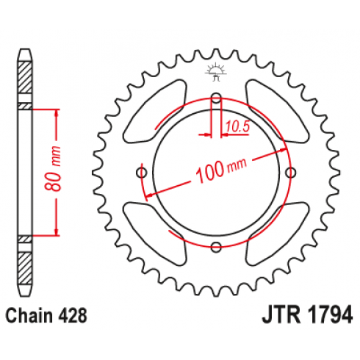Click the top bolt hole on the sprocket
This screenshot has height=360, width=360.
216,98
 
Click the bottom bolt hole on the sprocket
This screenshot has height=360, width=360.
216,247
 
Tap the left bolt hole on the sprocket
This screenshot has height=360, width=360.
142,173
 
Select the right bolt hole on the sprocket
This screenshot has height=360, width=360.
291,173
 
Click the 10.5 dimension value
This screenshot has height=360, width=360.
237,126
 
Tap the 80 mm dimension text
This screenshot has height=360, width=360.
54,168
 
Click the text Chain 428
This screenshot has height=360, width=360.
46,316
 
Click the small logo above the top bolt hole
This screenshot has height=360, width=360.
215,71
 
